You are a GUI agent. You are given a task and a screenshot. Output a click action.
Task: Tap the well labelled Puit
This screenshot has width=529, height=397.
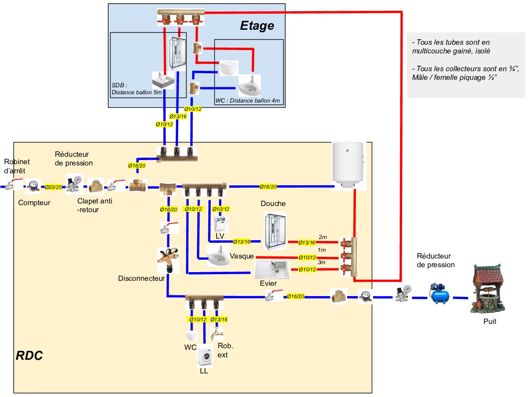pyautogui.click(x=488, y=289)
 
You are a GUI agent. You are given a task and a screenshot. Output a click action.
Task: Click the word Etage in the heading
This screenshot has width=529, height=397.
pyautogui.click(x=257, y=26)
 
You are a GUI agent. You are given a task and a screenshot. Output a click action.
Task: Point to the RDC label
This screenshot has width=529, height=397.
pyautogui.click(x=29, y=356)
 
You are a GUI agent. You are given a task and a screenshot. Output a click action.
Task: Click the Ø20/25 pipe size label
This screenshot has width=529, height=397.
pyautogui.click(x=53, y=187)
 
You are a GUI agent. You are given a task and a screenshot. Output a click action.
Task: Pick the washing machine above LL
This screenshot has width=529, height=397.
pyautogui.click(x=205, y=356)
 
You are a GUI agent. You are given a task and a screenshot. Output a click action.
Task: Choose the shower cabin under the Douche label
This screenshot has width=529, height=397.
pyautogui.click(x=275, y=232)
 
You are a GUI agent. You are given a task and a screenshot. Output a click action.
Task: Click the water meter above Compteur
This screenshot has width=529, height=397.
pyautogui.click(x=33, y=186)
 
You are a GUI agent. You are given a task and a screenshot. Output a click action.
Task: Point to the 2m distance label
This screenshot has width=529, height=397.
pyautogui.click(x=323, y=237)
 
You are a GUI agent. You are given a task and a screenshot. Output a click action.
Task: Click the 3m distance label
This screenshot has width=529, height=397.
pyautogui.click(x=322, y=262)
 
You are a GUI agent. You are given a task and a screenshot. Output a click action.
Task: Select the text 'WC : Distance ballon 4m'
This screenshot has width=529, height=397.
pyautogui.click(x=248, y=100)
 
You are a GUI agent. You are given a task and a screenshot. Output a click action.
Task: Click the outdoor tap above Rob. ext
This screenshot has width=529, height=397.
pyautogui.click(x=217, y=333)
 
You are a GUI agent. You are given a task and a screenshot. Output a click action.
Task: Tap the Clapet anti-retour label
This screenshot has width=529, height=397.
pyautogui.click(x=94, y=205)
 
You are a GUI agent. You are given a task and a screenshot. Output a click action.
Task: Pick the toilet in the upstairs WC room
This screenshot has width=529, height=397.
pyautogui.click(x=229, y=68)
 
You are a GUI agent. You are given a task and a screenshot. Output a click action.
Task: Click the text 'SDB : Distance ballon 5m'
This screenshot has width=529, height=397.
pyautogui.click(x=136, y=88)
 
